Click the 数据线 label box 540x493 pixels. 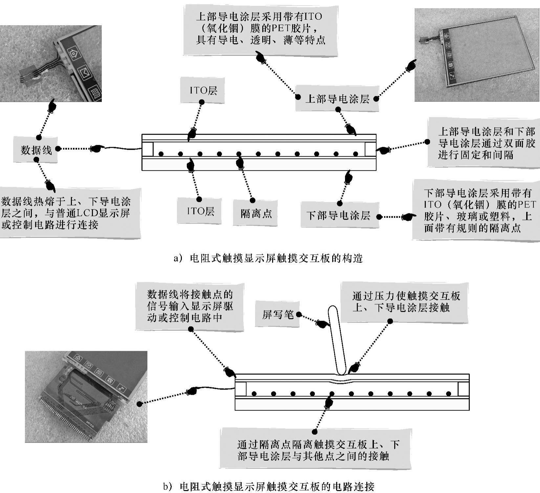click(x=36, y=150)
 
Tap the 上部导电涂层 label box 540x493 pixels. click(x=337, y=99)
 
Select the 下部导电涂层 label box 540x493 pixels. click(x=338, y=215)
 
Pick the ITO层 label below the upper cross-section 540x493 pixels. click(x=201, y=211)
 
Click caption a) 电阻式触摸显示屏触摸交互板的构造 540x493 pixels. click(x=268, y=259)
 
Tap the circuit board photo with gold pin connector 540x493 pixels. click(x=86, y=397)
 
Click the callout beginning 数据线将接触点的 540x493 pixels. click(x=190, y=306)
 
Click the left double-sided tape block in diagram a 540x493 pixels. click(x=148, y=149)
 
